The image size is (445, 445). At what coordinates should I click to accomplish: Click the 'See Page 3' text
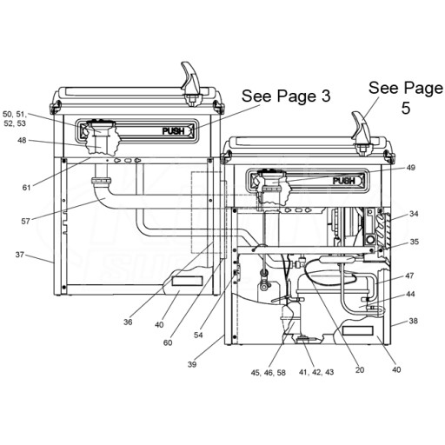click(x=286, y=96)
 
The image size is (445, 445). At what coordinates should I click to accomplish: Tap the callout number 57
click(x=25, y=222)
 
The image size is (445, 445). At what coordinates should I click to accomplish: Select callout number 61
click(x=26, y=188)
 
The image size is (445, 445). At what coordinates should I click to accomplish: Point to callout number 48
click(x=22, y=140)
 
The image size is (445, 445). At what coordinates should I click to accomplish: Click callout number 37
click(x=20, y=255)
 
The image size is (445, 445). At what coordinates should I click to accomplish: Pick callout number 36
click(x=128, y=322)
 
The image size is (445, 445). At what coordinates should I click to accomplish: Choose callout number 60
click(x=168, y=342)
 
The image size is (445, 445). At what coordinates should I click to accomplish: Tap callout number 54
click(x=198, y=335)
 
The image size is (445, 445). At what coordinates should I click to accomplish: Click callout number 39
click(x=192, y=364)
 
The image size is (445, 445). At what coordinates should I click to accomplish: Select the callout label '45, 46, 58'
click(x=269, y=373)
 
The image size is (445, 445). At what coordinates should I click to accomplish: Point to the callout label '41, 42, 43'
click(x=316, y=372)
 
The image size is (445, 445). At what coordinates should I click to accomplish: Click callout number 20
click(x=360, y=370)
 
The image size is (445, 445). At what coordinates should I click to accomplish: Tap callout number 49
click(x=411, y=168)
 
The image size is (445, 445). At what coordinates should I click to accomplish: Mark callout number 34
click(x=414, y=214)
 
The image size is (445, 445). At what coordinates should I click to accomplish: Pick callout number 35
click(x=415, y=242)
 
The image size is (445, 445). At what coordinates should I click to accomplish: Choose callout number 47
click(x=409, y=276)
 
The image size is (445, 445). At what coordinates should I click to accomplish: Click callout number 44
click(x=410, y=294)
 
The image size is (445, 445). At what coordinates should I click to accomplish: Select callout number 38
click(x=414, y=321)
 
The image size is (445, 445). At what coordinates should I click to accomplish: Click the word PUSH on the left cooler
click(x=173, y=131)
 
